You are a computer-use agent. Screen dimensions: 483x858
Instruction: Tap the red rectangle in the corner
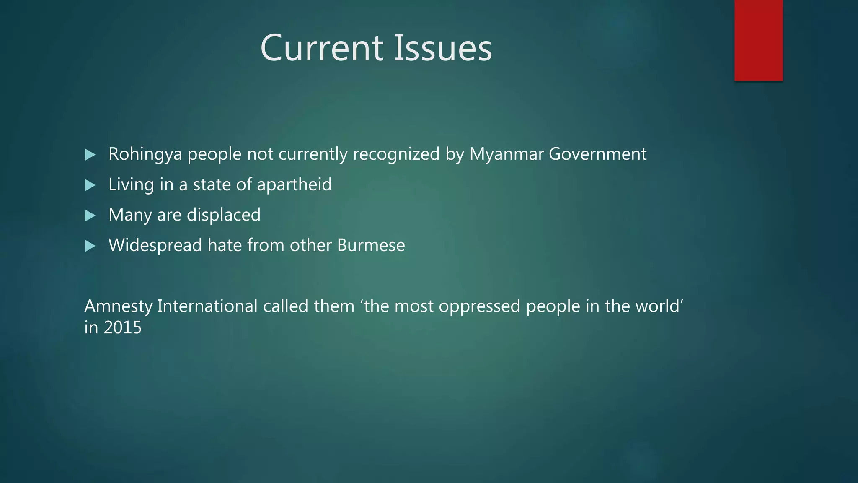click(x=758, y=40)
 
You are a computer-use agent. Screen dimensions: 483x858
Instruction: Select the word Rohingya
click(x=145, y=154)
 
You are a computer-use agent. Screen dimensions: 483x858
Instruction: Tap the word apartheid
click(x=294, y=184)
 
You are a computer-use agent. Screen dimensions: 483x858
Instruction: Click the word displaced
click(x=223, y=215)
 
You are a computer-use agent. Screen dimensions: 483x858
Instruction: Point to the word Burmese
click(x=371, y=245)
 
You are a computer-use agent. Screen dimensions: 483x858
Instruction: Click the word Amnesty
click(x=119, y=306)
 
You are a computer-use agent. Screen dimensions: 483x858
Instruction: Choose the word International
click(x=207, y=306)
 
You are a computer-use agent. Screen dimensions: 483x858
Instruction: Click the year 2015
click(x=122, y=327)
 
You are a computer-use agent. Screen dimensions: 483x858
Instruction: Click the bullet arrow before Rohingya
click(x=90, y=155)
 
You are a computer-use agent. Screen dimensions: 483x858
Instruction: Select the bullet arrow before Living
click(x=90, y=185)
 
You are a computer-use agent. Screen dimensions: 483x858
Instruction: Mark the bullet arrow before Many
click(x=90, y=216)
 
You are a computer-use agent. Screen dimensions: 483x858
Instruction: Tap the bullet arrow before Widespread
click(x=90, y=246)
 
